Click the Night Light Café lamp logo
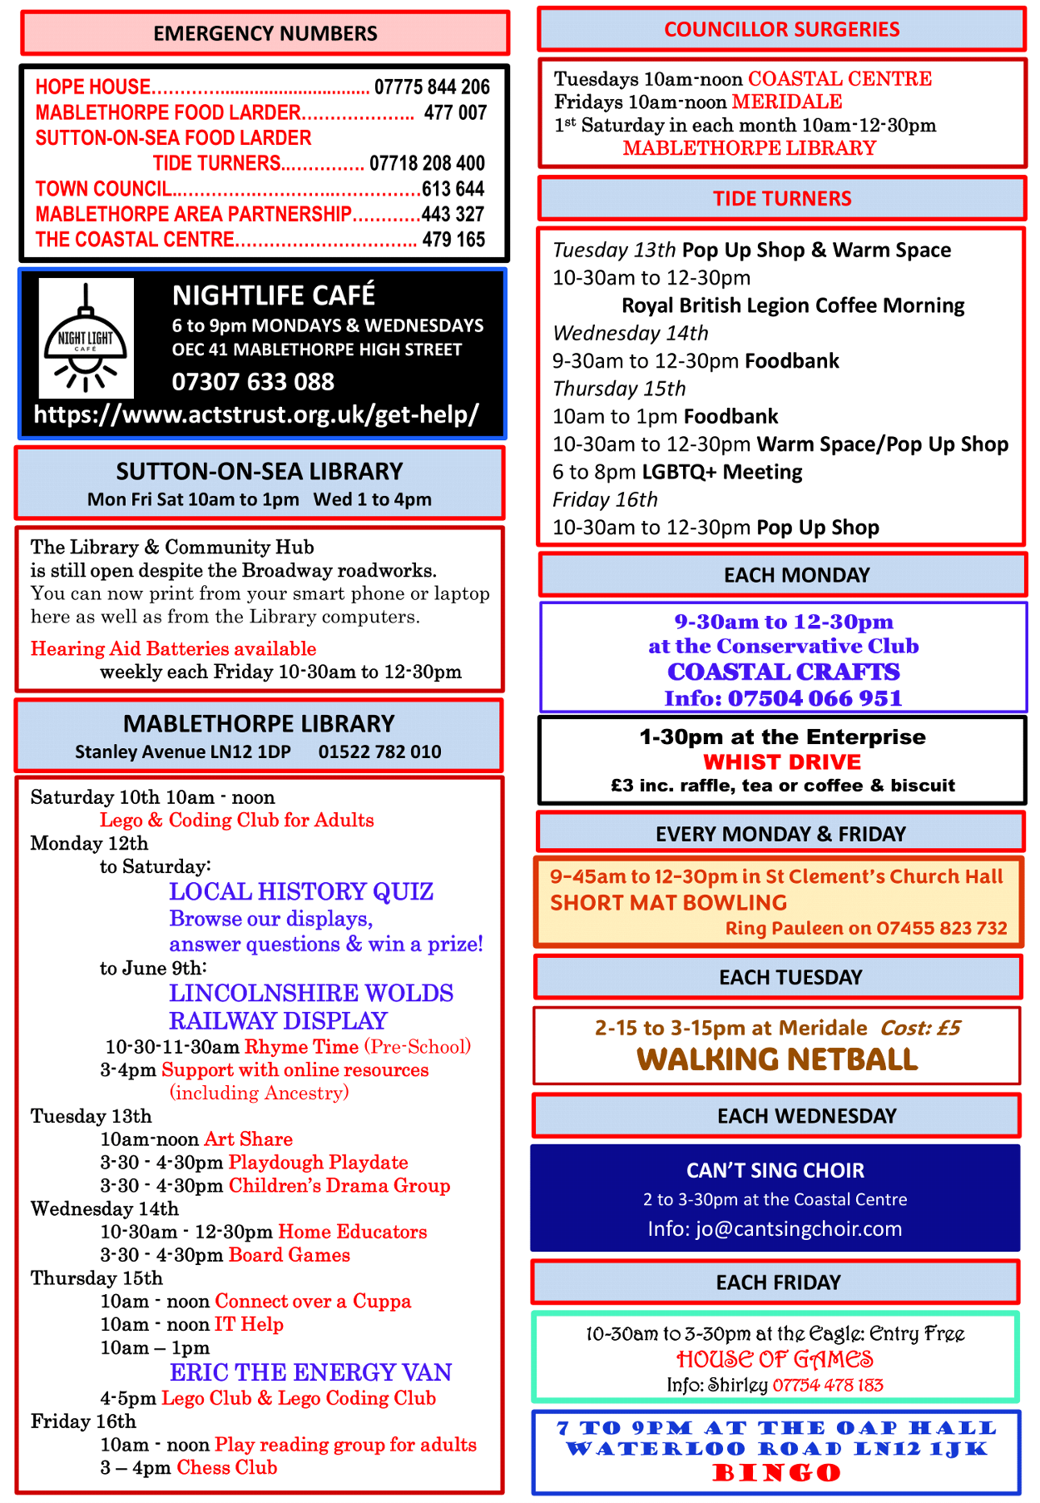pos(86,337)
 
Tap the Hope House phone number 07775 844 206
pos(432,87)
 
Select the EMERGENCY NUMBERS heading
pos(265,33)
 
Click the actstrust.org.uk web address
pos(256,414)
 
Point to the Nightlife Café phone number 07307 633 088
pos(253,382)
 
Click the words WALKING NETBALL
pos(777,1059)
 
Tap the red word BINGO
pos(777,1473)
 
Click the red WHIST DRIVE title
pos(782,761)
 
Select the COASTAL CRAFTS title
pos(784,672)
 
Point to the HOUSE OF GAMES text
pos(775,1359)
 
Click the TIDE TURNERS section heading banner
pos(782,198)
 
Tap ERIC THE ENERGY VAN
pos(311,1372)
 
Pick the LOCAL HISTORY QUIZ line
pos(301,891)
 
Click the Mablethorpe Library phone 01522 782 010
pos(379,751)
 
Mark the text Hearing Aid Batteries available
pos(173,648)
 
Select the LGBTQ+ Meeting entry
pos(722,472)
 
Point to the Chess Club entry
pos(227,1467)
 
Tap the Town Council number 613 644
pos(453,189)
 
